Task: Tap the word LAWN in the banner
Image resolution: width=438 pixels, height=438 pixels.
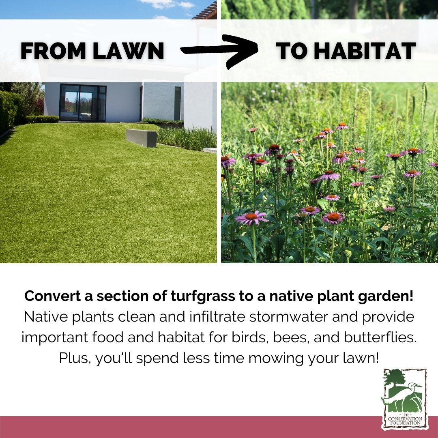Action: (129, 51)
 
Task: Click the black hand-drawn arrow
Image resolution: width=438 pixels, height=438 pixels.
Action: (219, 51)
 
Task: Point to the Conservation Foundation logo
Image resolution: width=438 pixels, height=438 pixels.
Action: (404, 399)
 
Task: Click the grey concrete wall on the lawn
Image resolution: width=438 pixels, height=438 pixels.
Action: (141, 138)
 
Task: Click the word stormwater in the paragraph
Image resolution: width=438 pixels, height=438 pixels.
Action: (289, 317)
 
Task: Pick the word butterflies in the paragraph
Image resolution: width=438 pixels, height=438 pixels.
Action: (380, 337)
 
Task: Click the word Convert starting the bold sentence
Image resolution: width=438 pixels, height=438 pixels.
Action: (52, 296)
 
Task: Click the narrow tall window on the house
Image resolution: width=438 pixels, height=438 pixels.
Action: (178, 103)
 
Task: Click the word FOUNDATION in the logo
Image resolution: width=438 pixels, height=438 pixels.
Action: (405, 423)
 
